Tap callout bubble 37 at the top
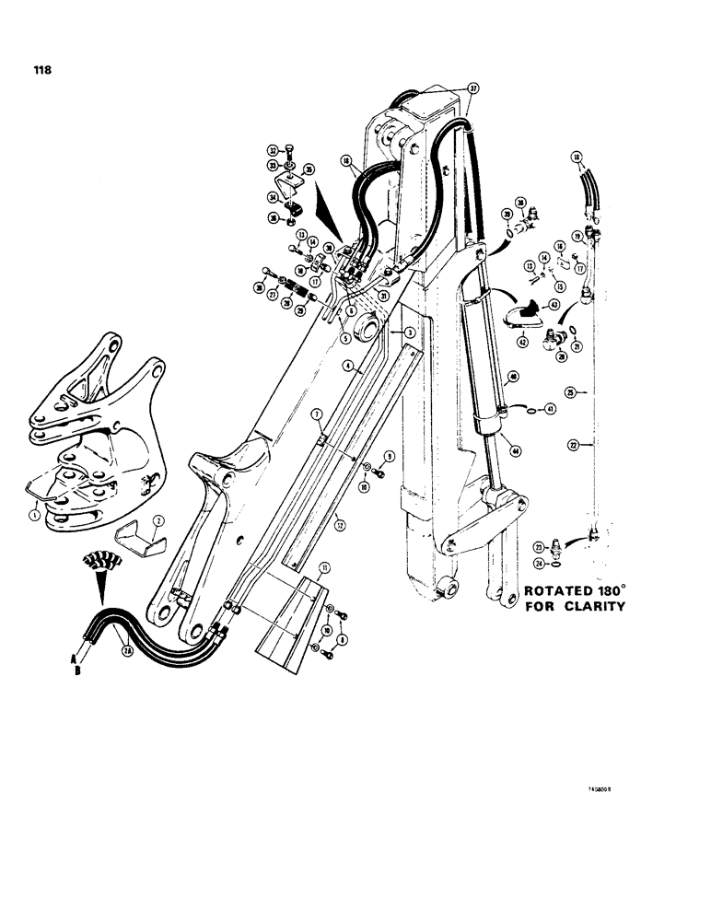pos(473,88)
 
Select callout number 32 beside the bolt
pos(273,149)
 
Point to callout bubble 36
pos(273,218)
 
